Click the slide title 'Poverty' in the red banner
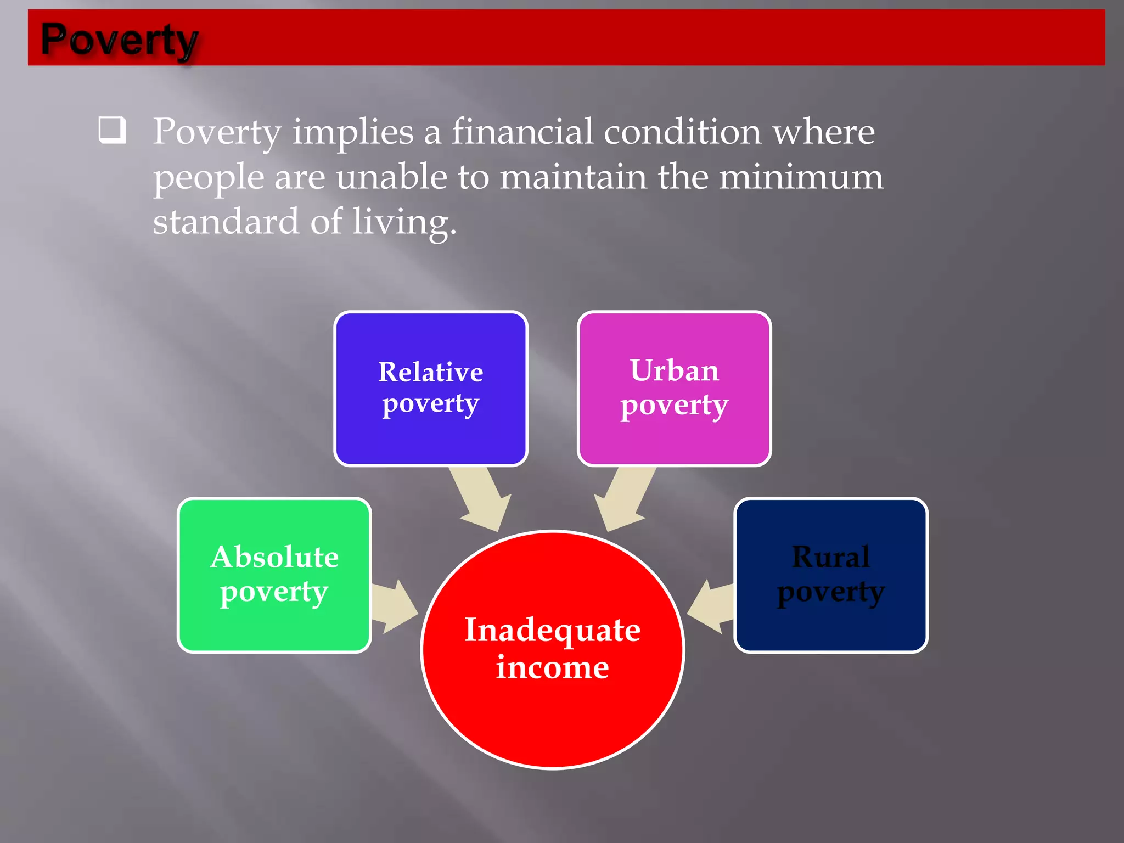[119, 40]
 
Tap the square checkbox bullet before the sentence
[112, 130]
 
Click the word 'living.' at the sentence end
[404, 223]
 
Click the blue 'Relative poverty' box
[430, 388]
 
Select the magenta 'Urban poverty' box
[674, 388]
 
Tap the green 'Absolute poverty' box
[274, 575]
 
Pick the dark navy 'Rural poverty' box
[830, 575]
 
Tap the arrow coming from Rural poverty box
[711, 606]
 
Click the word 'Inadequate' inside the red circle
[552, 630]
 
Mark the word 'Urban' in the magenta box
[674, 370]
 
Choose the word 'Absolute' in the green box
[274, 557]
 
